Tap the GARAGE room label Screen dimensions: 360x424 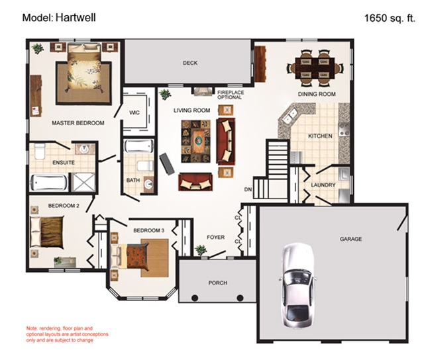(x=350, y=239)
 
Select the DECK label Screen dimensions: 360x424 (x=191, y=64)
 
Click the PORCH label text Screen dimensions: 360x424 (x=217, y=283)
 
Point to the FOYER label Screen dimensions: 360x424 (x=216, y=236)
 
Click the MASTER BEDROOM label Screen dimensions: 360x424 (x=78, y=123)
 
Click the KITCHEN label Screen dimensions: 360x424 (x=320, y=136)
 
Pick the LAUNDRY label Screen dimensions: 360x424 (x=323, y=185)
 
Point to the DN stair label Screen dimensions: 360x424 (x=248, y=191)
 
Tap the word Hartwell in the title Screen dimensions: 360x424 (x=78, y=19)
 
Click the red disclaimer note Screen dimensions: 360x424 (x=64, y=336)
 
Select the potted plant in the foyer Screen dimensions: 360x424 (x=200, y=249)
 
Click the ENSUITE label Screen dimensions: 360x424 (x=64, y=161)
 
